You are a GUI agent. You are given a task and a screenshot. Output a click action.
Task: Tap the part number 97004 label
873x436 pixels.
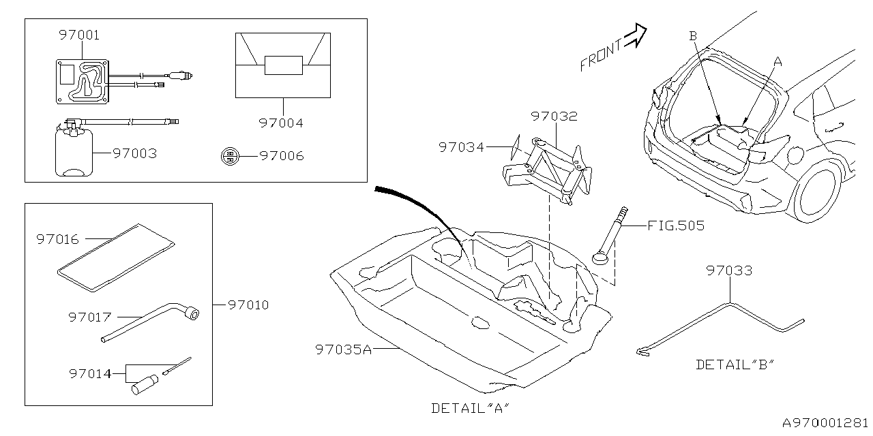tap(280, 123)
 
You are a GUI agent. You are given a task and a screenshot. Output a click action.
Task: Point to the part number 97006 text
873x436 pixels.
tap(282, 156)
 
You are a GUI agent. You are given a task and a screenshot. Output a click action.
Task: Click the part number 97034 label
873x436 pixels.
tap(461, 146)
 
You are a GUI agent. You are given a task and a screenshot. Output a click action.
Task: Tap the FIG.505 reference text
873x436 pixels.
tap(676, 225)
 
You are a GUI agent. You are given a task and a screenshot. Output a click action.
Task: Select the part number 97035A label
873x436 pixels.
tap(344, 349)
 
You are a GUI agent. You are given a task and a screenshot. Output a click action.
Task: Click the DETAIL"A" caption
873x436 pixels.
tap(471, 408)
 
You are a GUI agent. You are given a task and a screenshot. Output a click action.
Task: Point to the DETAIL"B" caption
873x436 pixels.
tap(735, 364)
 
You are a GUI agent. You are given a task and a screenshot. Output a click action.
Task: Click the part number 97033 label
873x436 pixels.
tap(729, 270)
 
